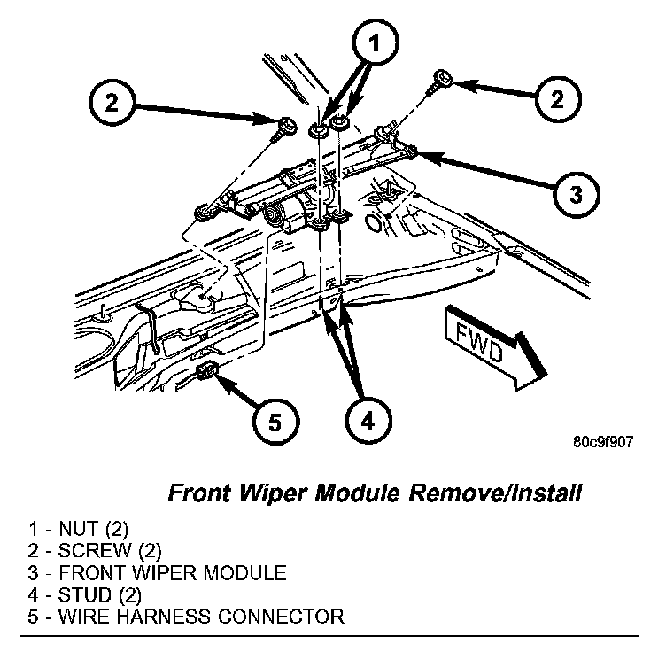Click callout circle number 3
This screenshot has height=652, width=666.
tap(576, 193)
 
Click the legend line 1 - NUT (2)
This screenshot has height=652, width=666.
tap(78, 531)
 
